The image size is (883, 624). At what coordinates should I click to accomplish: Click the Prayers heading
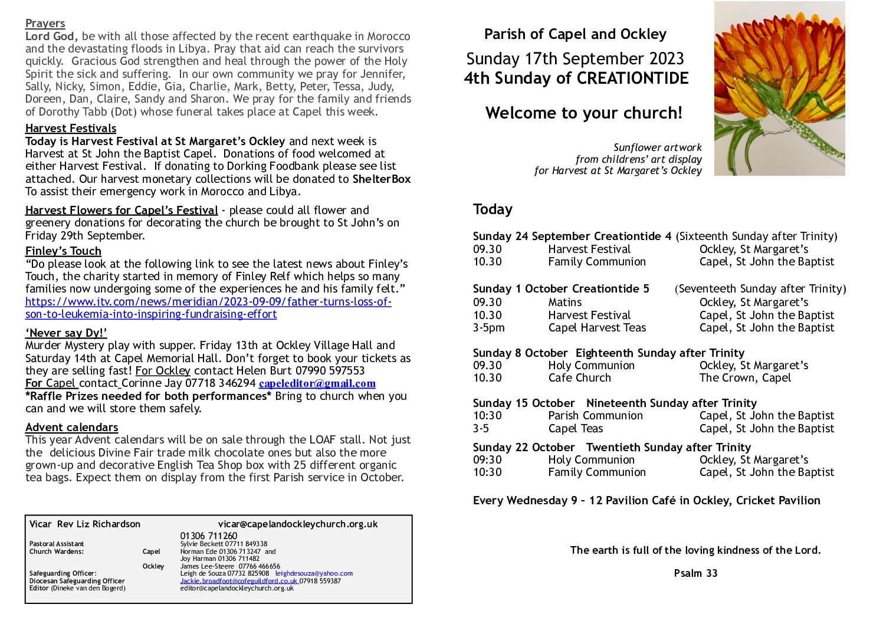click(x=45, y=24)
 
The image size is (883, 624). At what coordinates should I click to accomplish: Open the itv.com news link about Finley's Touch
click(x=208, y=302)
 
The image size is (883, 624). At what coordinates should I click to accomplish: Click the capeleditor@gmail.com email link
click(x=317, y=383)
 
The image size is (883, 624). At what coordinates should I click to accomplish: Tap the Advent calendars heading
click(x=71, y=427)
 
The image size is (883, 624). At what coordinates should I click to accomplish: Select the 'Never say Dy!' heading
click(x=66, y=333)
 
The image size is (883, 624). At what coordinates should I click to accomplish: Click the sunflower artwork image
click(x=779, y=88)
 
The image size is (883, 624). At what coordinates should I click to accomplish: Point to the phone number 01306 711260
click(x=209, y=536)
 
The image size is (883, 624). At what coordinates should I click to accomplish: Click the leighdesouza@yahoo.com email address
click(x=314, y=573)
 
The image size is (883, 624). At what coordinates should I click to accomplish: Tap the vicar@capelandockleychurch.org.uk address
click(x=298, y=524)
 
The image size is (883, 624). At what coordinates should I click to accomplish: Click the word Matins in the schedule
click(x=564, y=302)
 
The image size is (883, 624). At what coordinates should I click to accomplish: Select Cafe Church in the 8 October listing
click(x=579, y=377)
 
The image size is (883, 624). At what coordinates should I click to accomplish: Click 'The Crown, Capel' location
click(x=744, y=377)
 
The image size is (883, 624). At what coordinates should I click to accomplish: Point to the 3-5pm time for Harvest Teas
click(x=488, y=327)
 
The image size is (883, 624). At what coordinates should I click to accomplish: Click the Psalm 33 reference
click(x=695, y=573)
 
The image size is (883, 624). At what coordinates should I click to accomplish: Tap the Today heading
click(x=493, y=209)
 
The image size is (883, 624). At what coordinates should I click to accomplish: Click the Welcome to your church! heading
click(x=583, y=113)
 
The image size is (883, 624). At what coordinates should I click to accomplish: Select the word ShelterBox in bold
click(x=381, y=179)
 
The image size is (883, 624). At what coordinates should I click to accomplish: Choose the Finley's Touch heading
click(x=63, y=251)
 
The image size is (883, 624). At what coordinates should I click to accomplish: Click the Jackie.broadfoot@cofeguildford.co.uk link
click(x=238, y=581)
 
